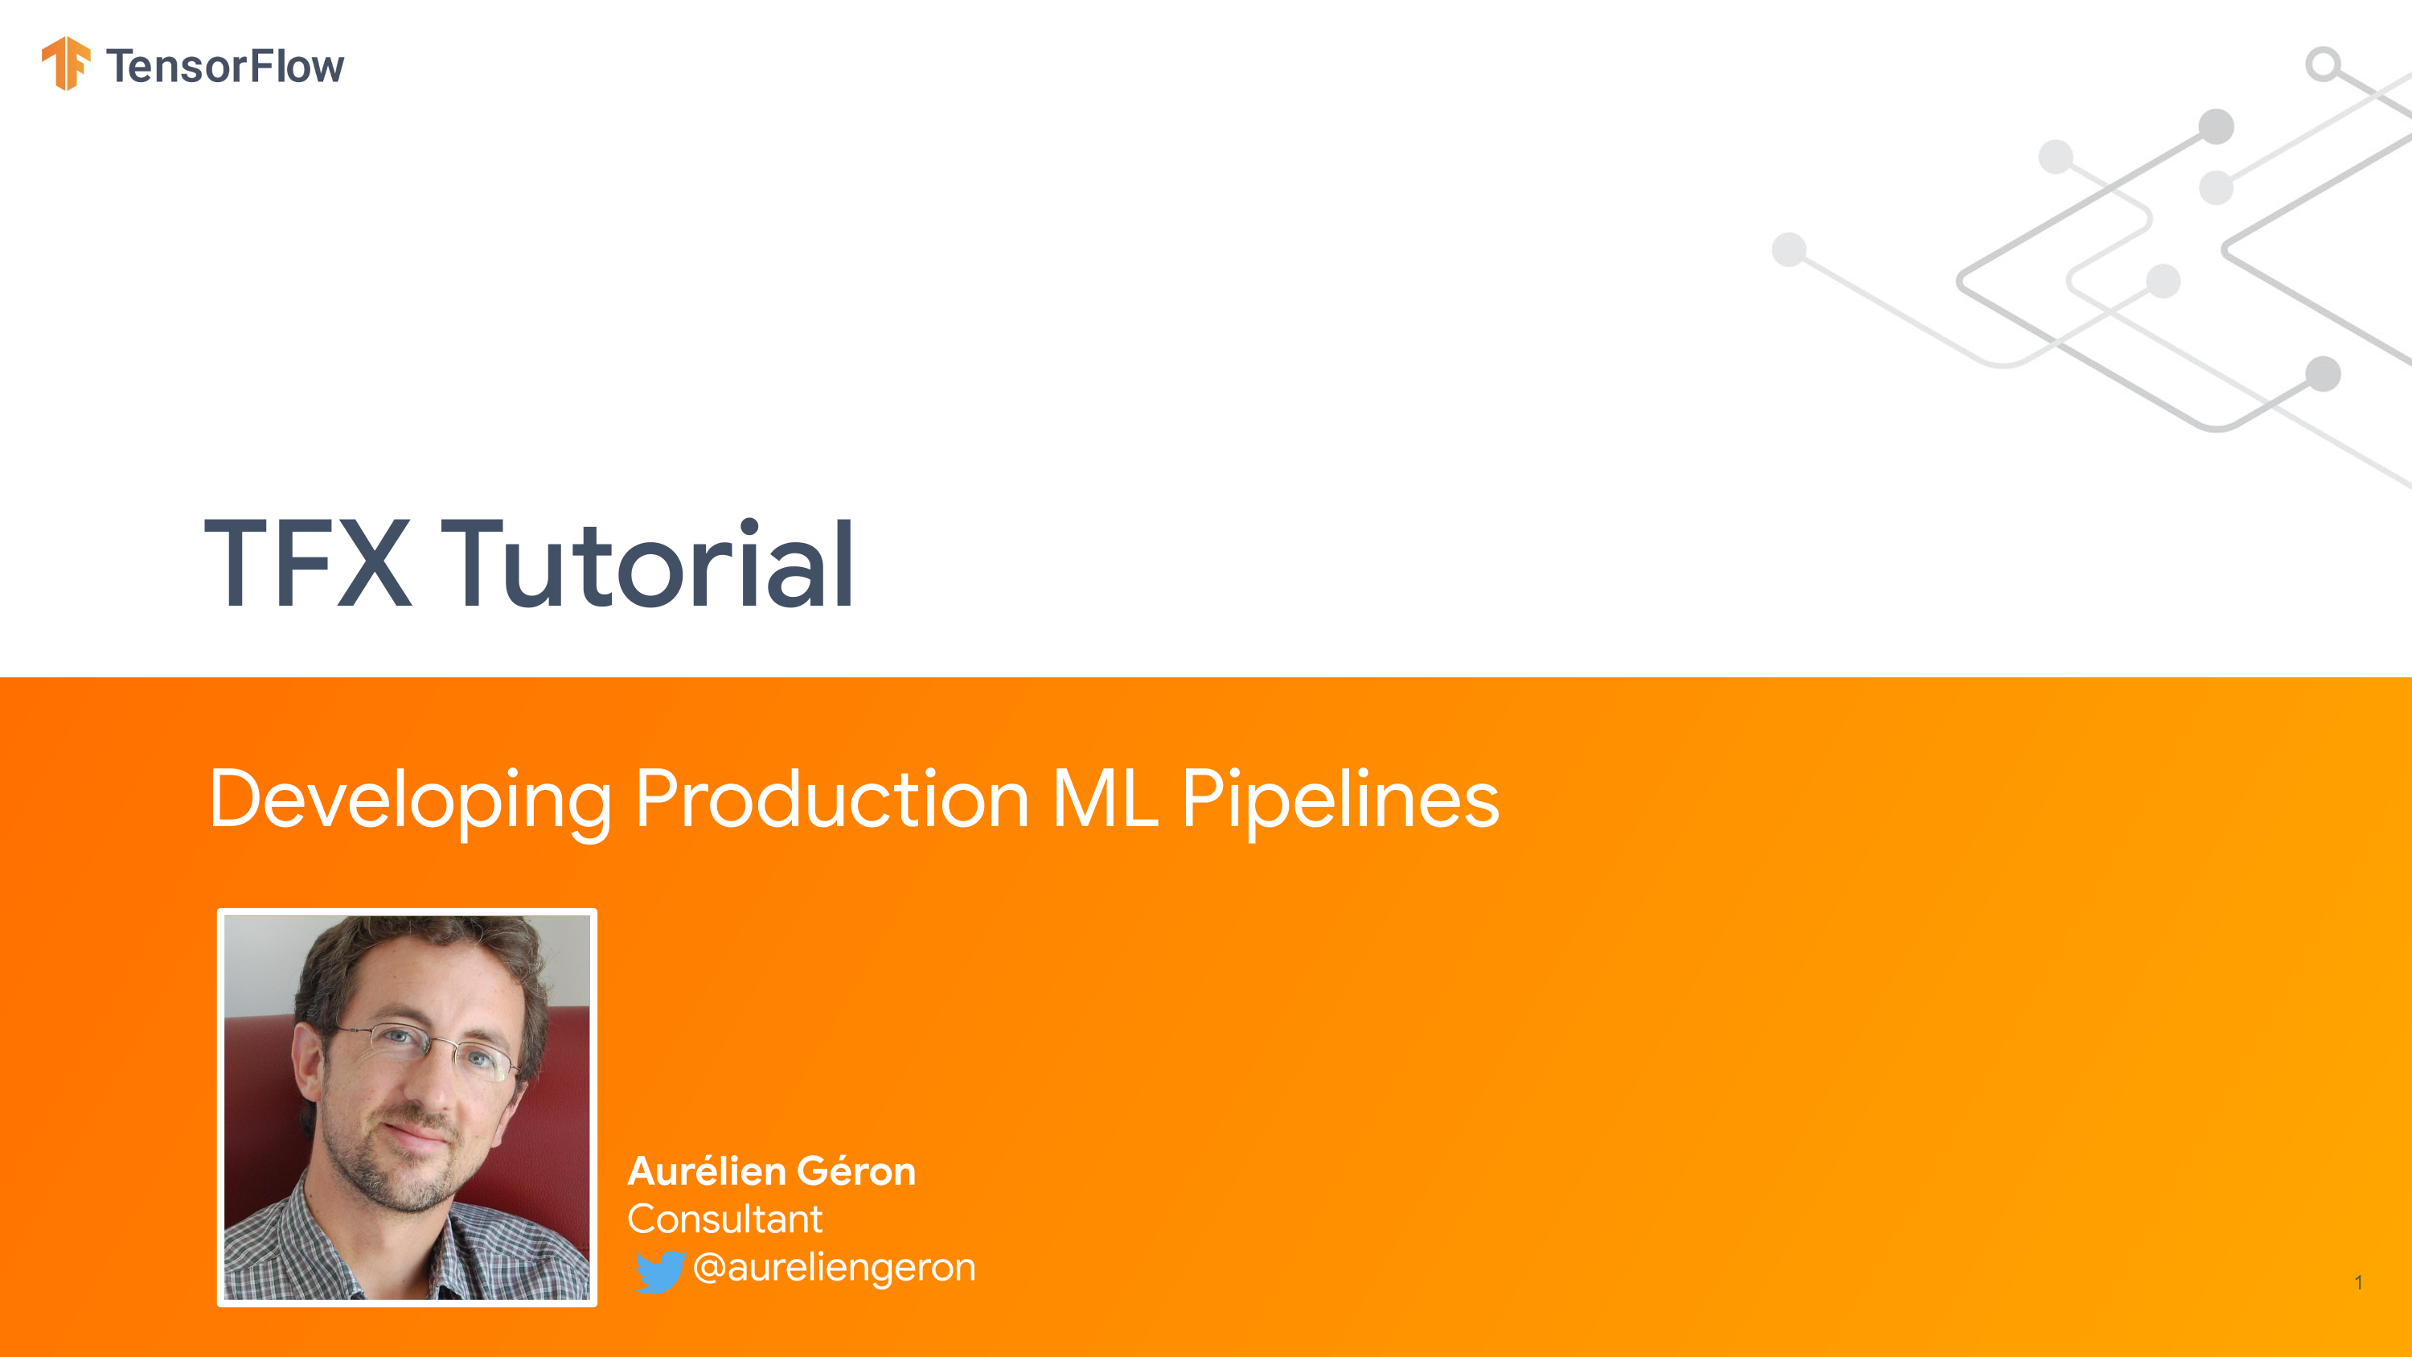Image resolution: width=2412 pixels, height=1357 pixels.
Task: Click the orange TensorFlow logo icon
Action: click(67, 64)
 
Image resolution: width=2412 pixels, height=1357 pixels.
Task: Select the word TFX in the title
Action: click(308, 564)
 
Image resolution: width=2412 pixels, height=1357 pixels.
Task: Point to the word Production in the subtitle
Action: click(832, 799)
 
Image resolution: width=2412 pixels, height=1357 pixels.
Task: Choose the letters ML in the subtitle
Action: click(1105, 799)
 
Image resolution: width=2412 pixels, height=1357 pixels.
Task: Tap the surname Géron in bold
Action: click(857, 1170)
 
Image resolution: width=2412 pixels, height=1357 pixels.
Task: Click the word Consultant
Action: click(724, 1219)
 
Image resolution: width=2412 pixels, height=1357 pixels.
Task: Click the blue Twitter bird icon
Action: click(660, 1272)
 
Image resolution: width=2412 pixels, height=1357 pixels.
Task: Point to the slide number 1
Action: click(2359, 1282)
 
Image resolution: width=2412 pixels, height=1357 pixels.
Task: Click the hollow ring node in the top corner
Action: click(2323, 64)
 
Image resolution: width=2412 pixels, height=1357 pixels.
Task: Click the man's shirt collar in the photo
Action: click(318, 1236)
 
